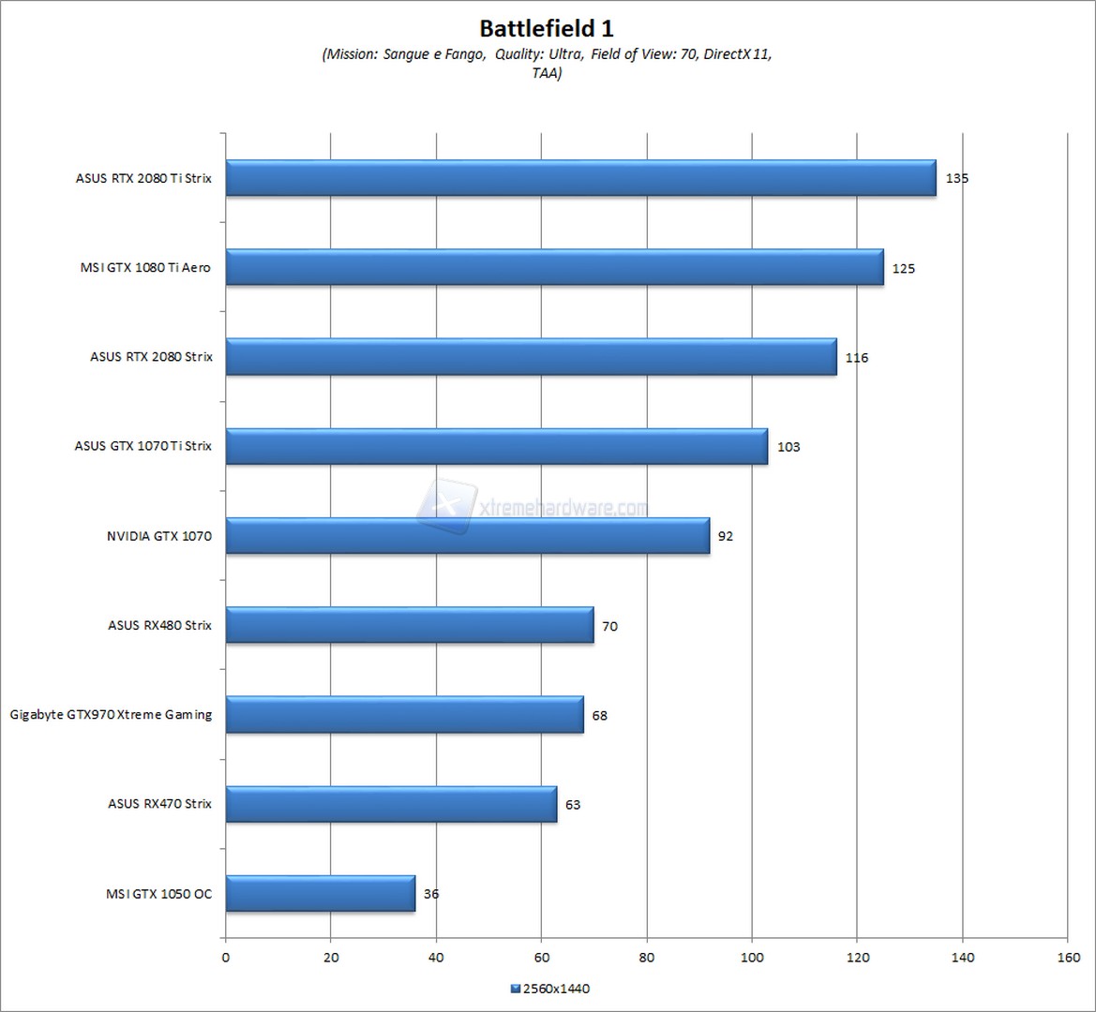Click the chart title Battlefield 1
pos(547,27)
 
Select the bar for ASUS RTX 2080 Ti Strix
pos(580,178)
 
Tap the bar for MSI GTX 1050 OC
pos(320,893)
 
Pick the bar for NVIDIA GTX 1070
pos(467,536)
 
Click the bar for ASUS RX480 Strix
pos(409,625)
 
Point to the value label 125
pos(903,269)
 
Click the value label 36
pos(431,894)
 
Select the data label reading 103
pos(788,447)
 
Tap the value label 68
pos(600,716)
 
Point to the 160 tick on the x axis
pos(1067,957)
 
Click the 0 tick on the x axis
pos(225,957)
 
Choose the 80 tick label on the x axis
pos(646,957)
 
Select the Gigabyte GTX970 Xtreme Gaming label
pos(111,715)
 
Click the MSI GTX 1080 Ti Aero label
pos(145,268)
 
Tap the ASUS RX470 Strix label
pos(159,804)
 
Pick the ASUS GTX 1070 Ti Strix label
pos(143,446)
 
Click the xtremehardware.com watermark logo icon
pos(448,506)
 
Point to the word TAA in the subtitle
pos(547,72)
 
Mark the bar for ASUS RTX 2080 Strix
pos(531,357)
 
